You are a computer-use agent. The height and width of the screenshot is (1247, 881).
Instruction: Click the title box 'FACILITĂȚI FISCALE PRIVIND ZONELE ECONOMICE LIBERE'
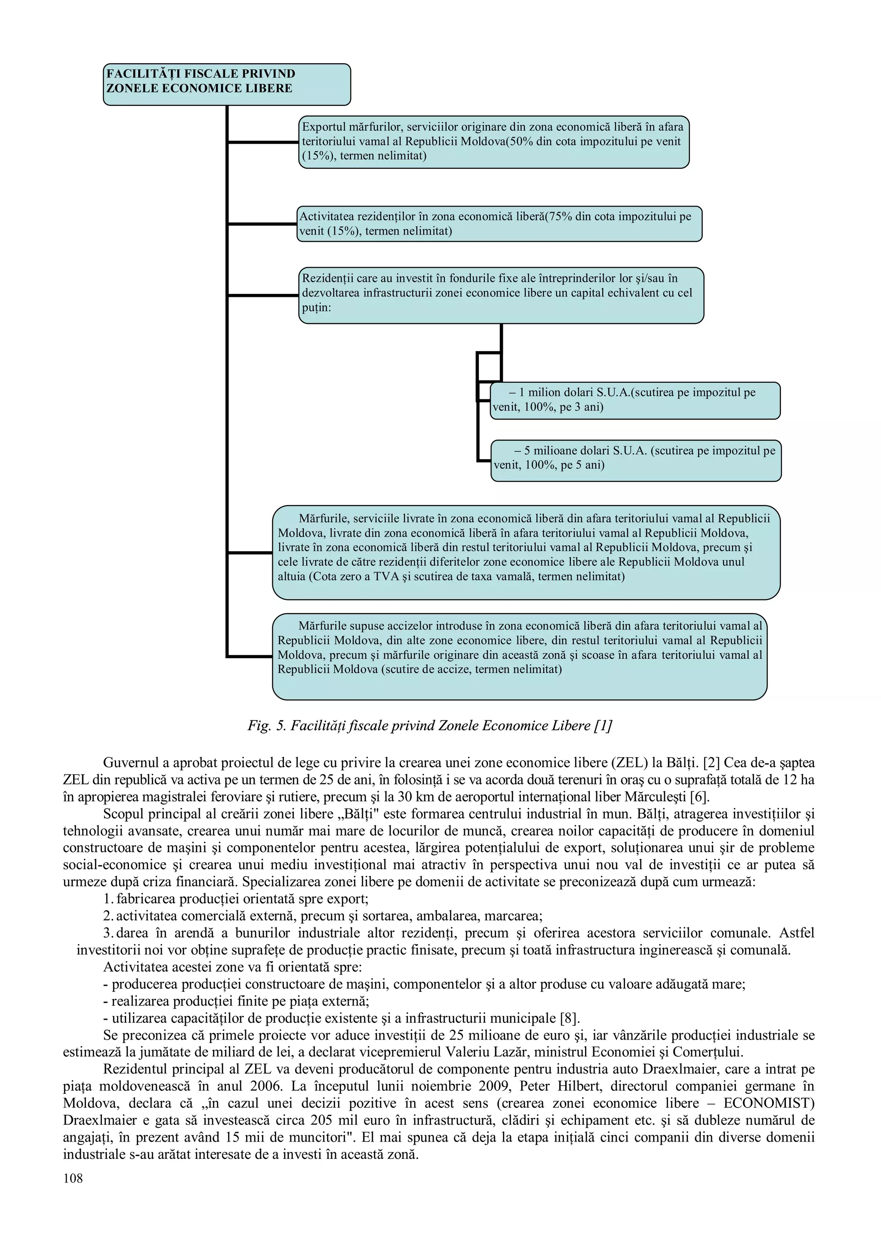(x=226, y=84)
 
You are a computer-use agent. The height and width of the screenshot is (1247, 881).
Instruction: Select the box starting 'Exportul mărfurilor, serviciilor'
(x=493, y=142)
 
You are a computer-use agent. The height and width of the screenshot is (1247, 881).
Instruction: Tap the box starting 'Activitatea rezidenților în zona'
(x=499, y=223)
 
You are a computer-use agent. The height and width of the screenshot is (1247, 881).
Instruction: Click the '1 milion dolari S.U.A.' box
(x=635, y=400)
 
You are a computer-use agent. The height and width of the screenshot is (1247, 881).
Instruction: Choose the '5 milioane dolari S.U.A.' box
(x=636, y=460)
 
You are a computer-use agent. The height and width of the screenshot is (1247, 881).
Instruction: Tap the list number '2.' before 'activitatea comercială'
(x=108, y=916)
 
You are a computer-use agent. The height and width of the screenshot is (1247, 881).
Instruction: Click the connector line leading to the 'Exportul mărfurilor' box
(x=263, y=142)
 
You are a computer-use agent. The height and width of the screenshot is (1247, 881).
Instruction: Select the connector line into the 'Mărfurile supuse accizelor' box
(x=249, y=657)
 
